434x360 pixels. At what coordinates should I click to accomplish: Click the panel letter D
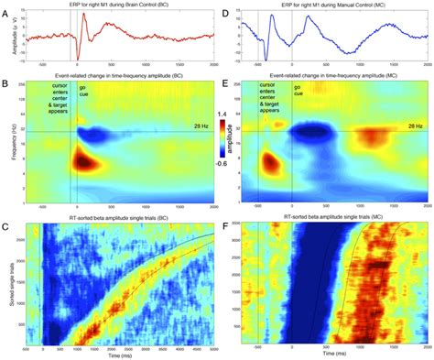pos(224,6)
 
